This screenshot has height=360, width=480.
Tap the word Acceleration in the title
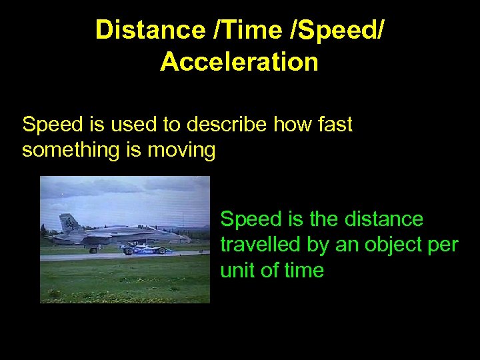pos(239,62)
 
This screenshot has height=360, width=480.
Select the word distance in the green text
pos(382,219)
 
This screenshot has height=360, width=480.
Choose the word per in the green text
pos(441,245)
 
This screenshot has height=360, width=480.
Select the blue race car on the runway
pos(145,249)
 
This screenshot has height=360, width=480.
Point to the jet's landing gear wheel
pos(93,250)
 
